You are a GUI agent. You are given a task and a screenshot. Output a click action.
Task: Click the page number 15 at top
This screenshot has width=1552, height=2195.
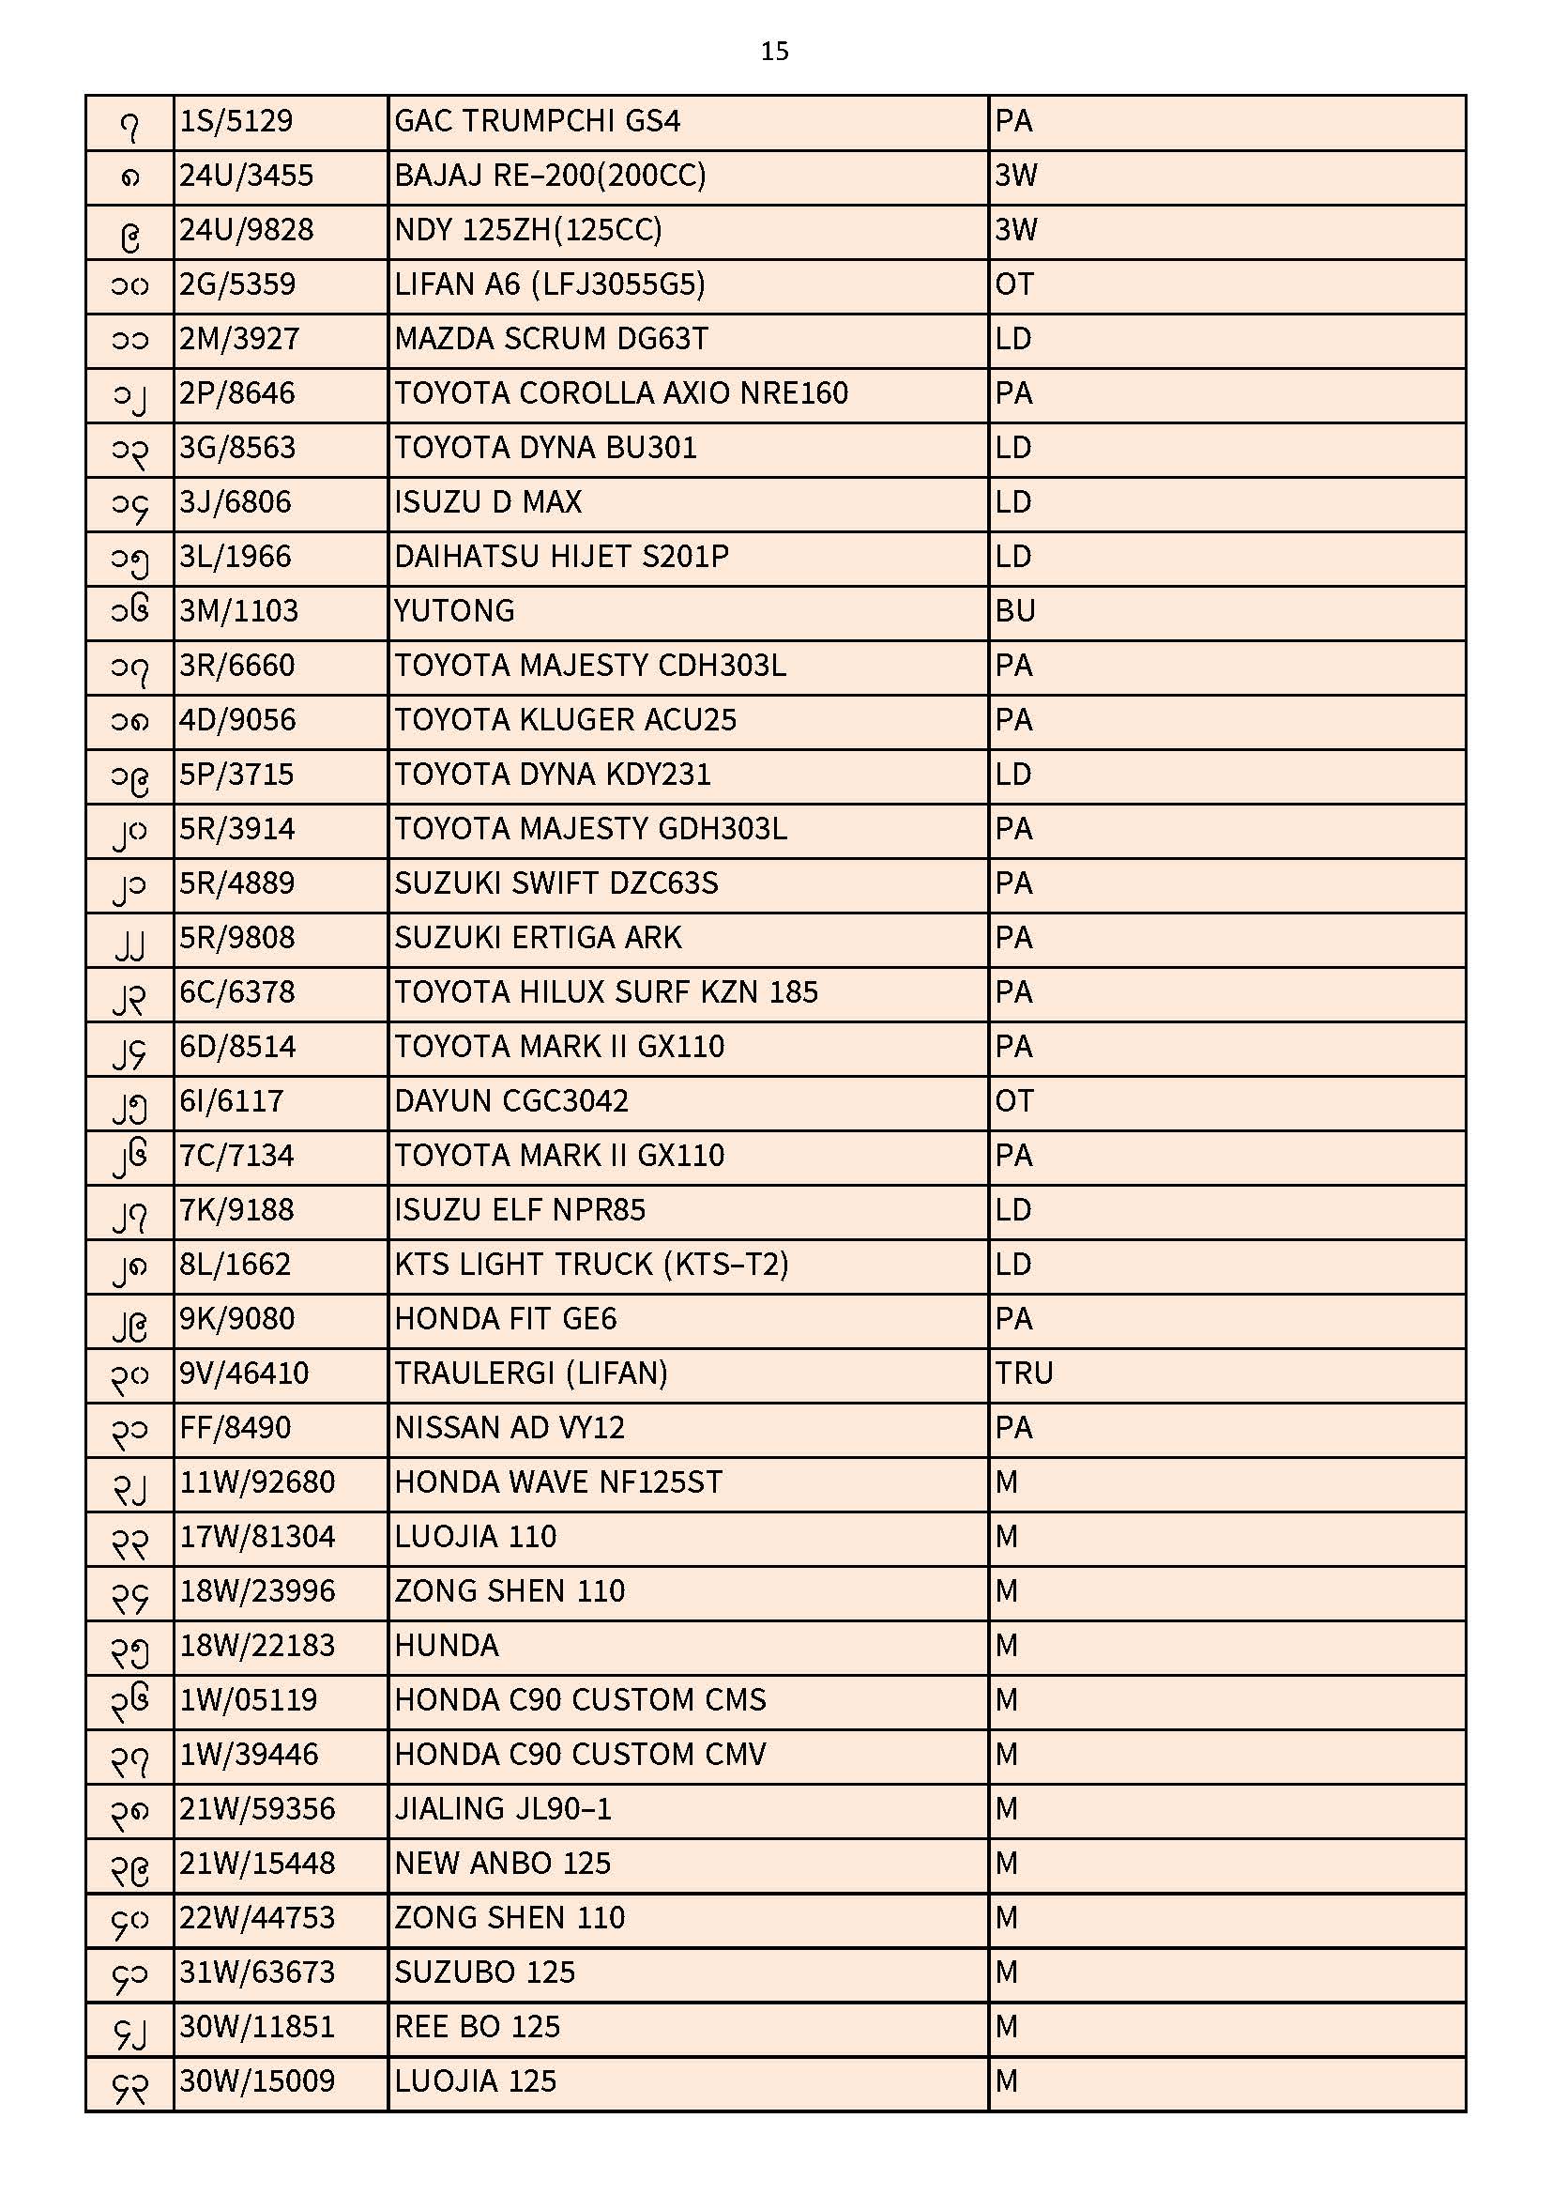(x=774, y=52)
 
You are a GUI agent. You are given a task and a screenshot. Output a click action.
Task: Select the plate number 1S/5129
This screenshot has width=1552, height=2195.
(x=236, y=121)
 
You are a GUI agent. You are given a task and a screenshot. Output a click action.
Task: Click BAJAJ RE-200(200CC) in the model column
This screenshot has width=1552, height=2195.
(x=550, y=176)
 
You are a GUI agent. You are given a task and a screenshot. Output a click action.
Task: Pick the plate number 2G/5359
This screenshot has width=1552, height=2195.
(x=238, y=284)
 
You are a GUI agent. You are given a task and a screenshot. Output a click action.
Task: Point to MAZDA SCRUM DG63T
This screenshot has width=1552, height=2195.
(x=552, y=339)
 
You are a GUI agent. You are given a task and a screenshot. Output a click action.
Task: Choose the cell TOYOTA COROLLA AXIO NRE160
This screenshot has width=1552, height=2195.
(x=621, y=394)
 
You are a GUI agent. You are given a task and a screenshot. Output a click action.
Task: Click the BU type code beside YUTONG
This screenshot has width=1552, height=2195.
(x=1015, y=611)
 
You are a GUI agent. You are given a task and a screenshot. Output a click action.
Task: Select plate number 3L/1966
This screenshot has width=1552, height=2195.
(x=236, y=557)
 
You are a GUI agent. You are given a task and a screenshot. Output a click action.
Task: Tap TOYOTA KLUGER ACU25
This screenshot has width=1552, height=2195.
(x=565, y=720)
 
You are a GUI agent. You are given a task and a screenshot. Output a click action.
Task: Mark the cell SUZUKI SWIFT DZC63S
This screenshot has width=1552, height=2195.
(x=556, y=883)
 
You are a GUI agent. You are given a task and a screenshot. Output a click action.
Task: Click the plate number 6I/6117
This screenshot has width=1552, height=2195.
(x=232, y=1101)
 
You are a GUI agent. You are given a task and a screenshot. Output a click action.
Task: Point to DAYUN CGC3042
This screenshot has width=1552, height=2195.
(x=511, y=1101)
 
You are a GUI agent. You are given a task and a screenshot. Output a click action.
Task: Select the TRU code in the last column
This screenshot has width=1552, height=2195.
(x=1024, y=1374)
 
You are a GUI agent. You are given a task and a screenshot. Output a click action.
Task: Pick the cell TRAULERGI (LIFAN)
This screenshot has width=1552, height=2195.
(x=530, y=1374)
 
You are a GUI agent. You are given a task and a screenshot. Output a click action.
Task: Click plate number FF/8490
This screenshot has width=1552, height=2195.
(x=236, y=1428)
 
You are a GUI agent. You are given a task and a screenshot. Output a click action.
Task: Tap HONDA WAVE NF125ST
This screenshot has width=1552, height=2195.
(x=558, y=1482)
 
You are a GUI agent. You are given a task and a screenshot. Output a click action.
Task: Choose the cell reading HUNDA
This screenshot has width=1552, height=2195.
(x=447, y=1647)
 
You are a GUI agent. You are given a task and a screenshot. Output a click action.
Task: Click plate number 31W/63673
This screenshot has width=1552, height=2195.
(x=257, y=1972)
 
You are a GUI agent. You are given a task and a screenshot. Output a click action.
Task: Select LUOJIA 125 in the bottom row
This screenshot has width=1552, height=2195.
(x=475, y=2081)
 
